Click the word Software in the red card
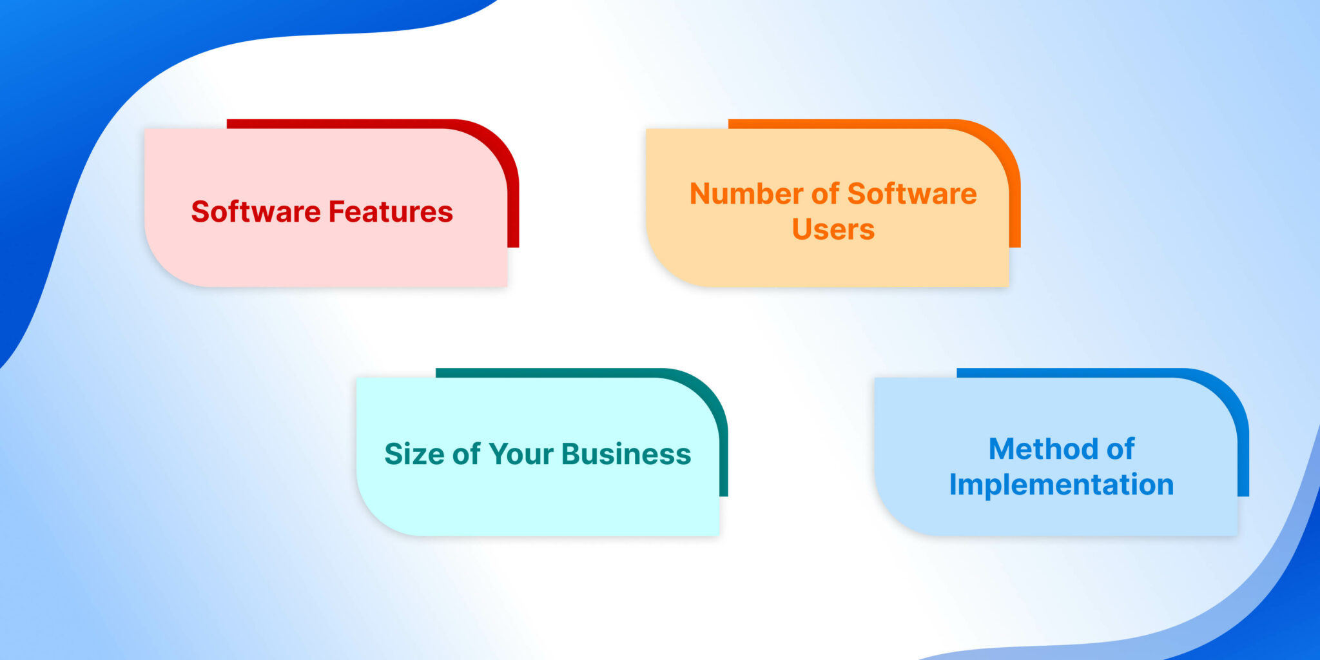click(x=256, y=211)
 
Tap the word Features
click(x=391, y=211)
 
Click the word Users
click(x=833, y=229)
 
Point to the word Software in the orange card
click(x=912, y=193)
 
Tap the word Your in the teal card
click(x=521, y=454)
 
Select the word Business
click(x=626, y=454)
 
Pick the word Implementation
click(x=1062, y=485)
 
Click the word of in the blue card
click(x=1120, y=449)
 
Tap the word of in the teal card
click(x=466, y=454)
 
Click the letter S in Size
click(x=394, y=454)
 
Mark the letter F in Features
click(x=336, y=211)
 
